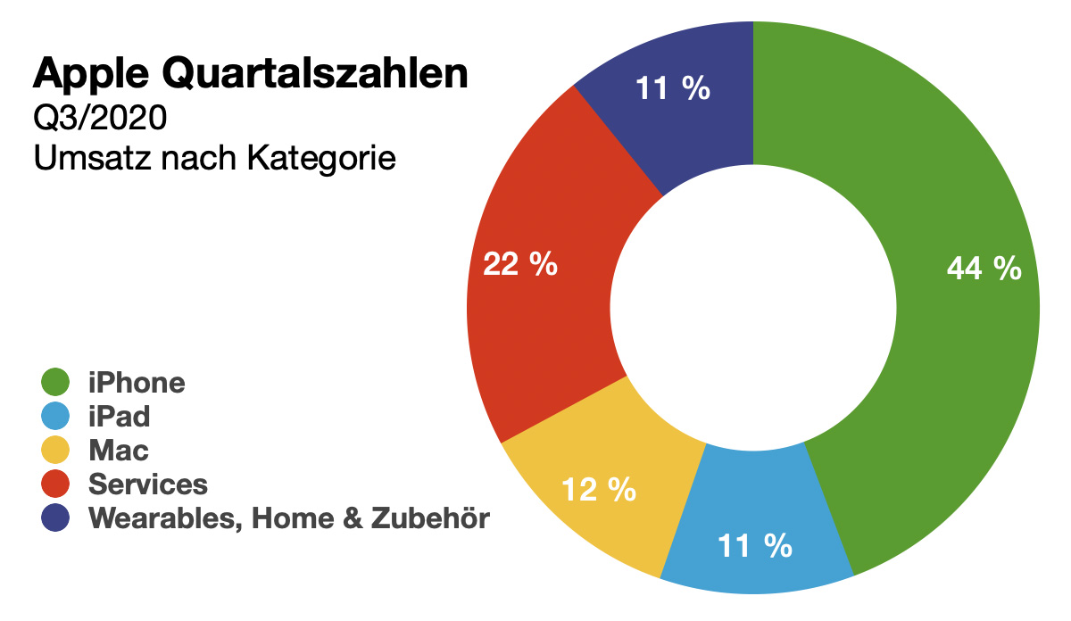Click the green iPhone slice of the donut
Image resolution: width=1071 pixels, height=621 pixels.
point(946,357)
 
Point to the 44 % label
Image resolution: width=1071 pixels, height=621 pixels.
point(984,268)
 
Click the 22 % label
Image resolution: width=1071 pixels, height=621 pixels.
point(519,264)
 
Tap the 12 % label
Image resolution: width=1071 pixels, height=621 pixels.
point(598,489)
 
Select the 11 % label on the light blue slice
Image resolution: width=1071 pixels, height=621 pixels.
point(755,545)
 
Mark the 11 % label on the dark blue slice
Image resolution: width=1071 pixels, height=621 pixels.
point(672,88)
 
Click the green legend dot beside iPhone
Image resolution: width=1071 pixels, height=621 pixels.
point(56,383)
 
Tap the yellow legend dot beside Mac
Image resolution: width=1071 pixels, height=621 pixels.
point(56,451)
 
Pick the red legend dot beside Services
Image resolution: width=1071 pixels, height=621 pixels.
point(56,484)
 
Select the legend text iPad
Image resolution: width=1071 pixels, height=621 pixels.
point(119,417)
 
